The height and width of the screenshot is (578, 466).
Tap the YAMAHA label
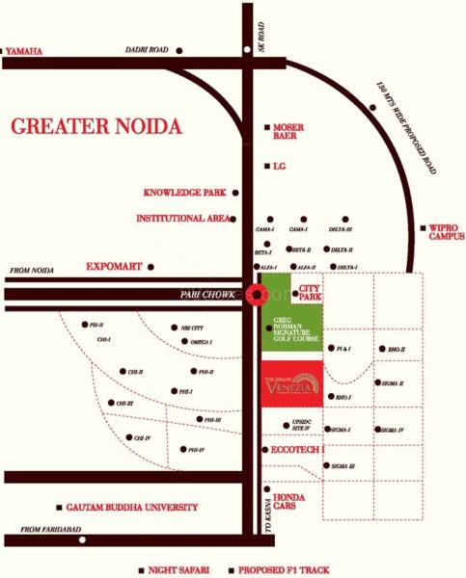click(26, 50)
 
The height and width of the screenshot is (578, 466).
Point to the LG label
click(280, 166)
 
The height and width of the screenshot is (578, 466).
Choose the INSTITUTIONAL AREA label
click(183, 219)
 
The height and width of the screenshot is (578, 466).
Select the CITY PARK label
click(310, 293)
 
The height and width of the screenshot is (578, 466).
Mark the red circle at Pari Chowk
click(256, 295)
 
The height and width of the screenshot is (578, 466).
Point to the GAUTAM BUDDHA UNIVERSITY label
click(132, 507)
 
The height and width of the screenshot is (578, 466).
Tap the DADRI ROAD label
click(147, 49)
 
